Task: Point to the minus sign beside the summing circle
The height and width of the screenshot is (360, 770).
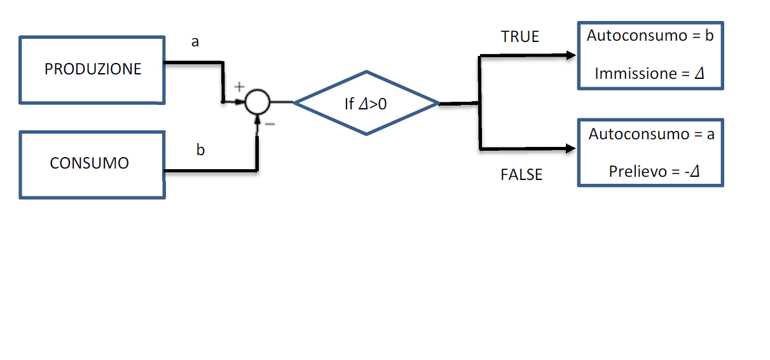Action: [x=270, y=124]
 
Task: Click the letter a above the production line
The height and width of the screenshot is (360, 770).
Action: [x=195, y=42]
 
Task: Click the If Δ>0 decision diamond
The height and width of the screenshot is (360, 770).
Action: [x=366, y=102]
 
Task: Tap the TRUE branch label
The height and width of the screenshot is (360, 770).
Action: [x=519, y=37]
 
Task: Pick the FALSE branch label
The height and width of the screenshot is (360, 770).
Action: [x=521, y=175]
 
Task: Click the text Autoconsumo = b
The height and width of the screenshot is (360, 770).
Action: [x=650, y=36]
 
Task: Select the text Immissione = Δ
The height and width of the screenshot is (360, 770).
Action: [x=650, y=74]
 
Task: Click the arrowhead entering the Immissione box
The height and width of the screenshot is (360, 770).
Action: [x=571, y=55]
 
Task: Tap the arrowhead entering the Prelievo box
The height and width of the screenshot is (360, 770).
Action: [x=571, y=149]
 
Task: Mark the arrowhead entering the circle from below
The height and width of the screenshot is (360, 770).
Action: [x=258, y=120]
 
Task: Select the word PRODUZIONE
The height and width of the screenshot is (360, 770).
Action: [x=93, y=69]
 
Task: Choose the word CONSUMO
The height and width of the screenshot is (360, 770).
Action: [x=89, y=163]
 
